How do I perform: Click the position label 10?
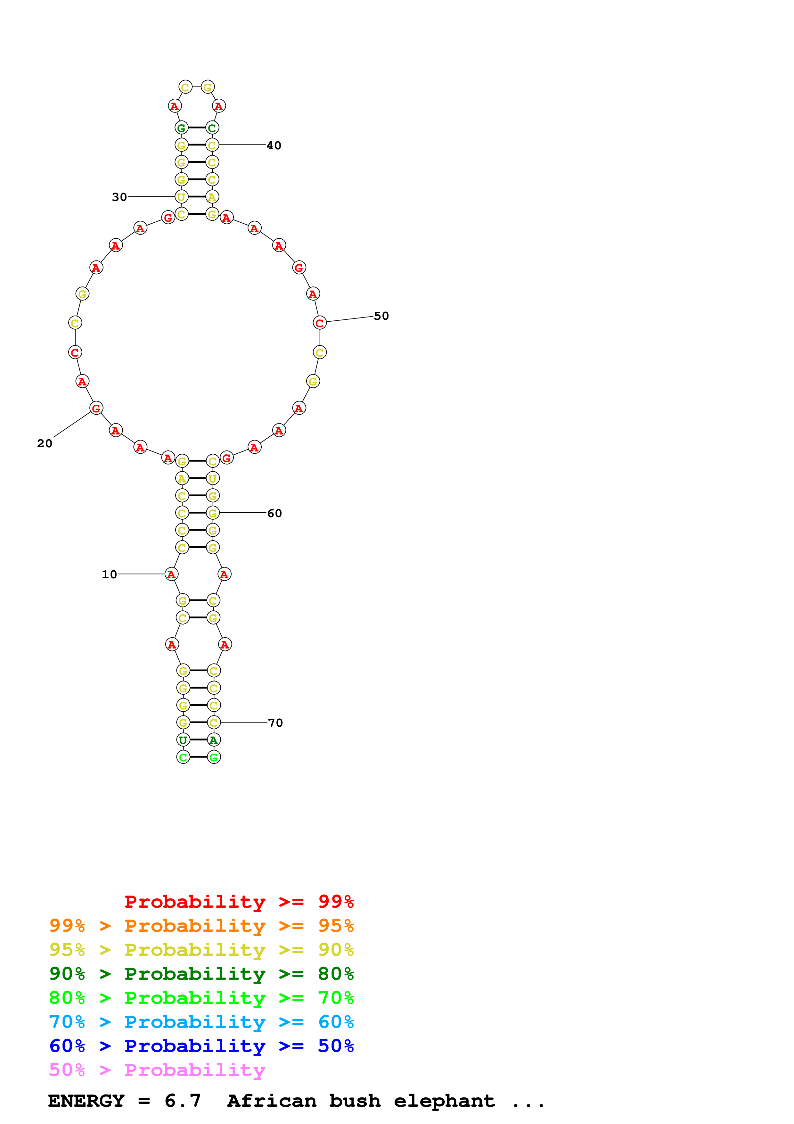[x=109, y=574]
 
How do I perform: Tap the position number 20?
[x=45, y=443]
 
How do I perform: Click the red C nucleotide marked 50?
[x=319, y=323]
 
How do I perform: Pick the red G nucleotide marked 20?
[x=96, y=408]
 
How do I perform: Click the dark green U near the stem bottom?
[x=183, y=740]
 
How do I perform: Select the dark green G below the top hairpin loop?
[x=182, y=128]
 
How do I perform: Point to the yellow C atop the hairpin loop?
[x=185, y=87]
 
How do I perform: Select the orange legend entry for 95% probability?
[x=201, y=925]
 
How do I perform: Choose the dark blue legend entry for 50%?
[x=201, y=1046]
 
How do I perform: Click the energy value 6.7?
[x=183, y=1101]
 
